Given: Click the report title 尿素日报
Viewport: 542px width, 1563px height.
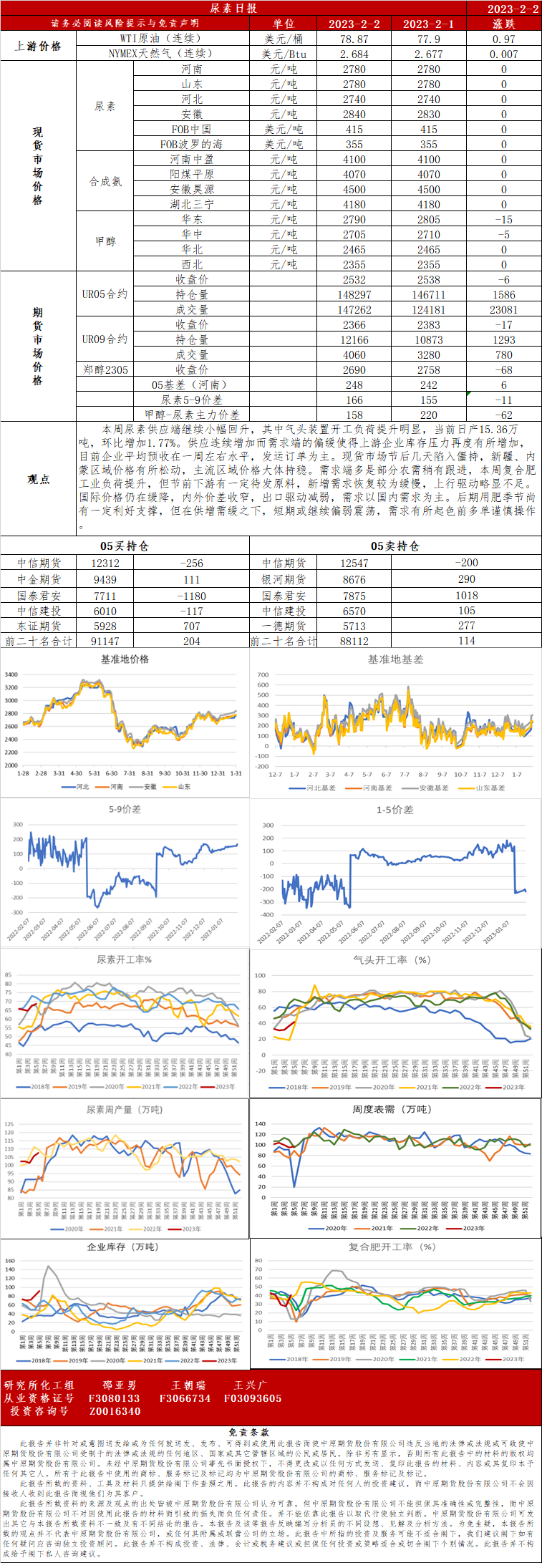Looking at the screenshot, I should pos(233,8).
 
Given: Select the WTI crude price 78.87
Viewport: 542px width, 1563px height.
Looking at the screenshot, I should pos(354,39).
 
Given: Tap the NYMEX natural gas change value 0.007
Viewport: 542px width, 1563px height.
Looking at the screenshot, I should pos(503,54).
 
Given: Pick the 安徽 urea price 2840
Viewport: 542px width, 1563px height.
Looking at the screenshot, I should pos(354,115).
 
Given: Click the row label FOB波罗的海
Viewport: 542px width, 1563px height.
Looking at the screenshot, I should pos(191,144).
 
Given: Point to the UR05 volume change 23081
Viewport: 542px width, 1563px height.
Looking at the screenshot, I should pos(503,310).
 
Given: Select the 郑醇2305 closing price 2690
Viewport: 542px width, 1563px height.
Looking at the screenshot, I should pos(354,370).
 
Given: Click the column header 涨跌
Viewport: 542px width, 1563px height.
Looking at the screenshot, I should pos(503,24).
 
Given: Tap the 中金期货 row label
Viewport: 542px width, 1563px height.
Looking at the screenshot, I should pos(39,579).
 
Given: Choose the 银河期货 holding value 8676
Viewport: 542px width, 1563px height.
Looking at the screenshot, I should pos(354,579).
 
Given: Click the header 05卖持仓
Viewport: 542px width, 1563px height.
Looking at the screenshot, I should pos(395,546).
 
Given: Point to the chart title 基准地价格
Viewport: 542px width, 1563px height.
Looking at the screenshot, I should pos(125,659).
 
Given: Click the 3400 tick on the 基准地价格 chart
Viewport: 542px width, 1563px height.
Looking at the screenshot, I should pos(11,674).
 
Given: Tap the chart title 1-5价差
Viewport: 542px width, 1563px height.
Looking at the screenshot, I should pos(395,810).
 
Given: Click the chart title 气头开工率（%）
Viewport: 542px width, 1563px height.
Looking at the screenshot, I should pos(392,959).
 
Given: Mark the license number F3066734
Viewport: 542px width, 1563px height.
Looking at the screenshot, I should pos(185,1398).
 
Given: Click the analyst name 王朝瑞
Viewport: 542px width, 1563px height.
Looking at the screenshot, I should pos(188,1385).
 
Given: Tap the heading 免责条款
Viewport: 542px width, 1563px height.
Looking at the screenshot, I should pos(248,1433).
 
